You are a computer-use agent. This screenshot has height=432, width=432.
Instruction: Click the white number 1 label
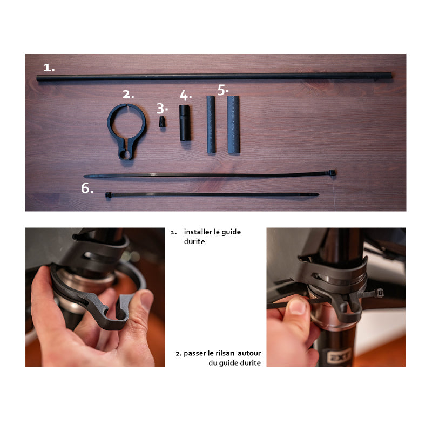[x=49, y=67]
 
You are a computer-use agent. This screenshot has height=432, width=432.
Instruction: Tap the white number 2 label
[x=128, y=94]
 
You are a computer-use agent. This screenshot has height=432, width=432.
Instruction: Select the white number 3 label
[x=162, y=109]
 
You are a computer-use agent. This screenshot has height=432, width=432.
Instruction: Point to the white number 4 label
[x=186, y=96]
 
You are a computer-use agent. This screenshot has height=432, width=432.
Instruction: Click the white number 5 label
[x=223, y=90]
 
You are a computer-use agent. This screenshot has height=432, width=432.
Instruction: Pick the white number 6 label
[x=87, y=188]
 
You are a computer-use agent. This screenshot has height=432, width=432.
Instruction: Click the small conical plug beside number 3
[x=163, y=122]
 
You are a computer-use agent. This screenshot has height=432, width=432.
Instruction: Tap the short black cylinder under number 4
[x=185, y=123]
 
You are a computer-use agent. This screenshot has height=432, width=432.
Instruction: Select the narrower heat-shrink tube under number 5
[x=211, y=124]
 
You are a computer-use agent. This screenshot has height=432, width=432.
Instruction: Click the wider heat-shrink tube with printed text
[x=233, y=125]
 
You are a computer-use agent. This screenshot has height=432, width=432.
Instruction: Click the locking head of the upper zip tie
[x=332, y=173]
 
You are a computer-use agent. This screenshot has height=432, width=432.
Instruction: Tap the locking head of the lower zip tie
[x=108, y=195]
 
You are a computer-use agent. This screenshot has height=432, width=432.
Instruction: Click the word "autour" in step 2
[x=249, y=353]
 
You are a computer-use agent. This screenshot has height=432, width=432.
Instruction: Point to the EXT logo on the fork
[x=339, y=356]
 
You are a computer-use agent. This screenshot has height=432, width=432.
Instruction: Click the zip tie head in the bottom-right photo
[x=379, y=293]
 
